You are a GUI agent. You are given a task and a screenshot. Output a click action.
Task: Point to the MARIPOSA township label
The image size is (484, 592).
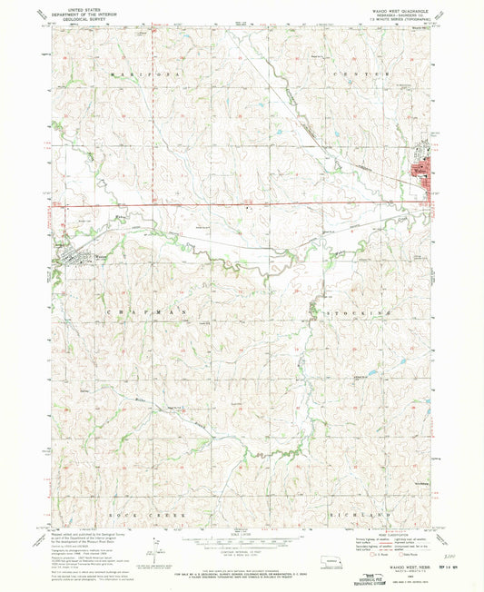coord(133,73)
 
